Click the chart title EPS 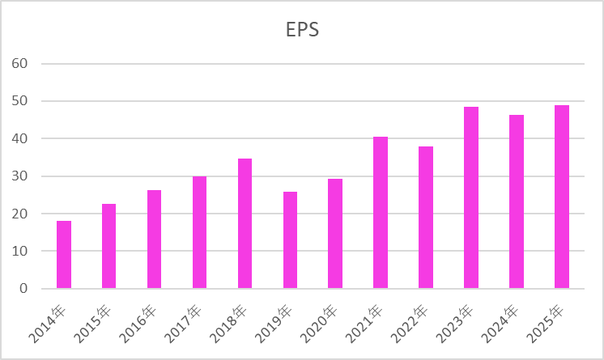click(302, 30)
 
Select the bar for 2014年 click(64, 255)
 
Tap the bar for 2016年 click(154, 239)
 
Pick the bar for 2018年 click(245, 223)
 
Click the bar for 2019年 click(290, 240)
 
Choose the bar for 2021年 click(381, 213)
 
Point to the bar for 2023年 click(471, 197)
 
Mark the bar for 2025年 click(562, 197)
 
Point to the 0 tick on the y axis click(24, 289)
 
